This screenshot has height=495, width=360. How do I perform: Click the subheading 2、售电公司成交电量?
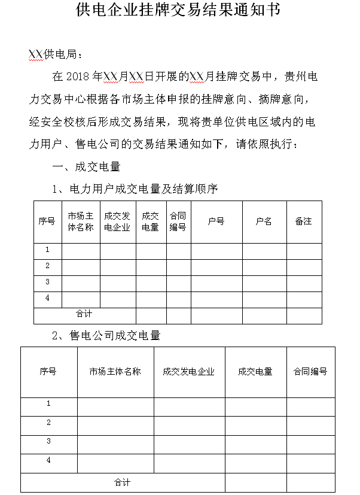(106, 335)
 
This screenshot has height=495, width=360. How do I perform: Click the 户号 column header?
(216, 221)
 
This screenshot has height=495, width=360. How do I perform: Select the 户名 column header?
(264, 221)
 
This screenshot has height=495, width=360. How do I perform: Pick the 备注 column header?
(303, 221)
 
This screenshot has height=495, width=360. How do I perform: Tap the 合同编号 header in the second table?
(310, 371)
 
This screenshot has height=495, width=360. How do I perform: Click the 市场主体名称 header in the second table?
(115, 371)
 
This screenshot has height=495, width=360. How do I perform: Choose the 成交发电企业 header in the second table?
(188, 371)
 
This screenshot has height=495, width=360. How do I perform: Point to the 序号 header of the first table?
(47, 221)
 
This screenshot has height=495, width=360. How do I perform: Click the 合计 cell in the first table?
(84, 313)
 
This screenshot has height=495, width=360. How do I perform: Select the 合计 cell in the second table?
(122, 482)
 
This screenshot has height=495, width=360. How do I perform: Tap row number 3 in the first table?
(47, 282)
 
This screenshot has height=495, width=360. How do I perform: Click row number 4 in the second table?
(48, 460)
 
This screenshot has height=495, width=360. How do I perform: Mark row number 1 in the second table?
(48, 404)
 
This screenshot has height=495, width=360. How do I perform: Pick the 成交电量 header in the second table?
(255, 371)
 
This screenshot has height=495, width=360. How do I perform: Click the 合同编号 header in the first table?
(178, 221)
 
